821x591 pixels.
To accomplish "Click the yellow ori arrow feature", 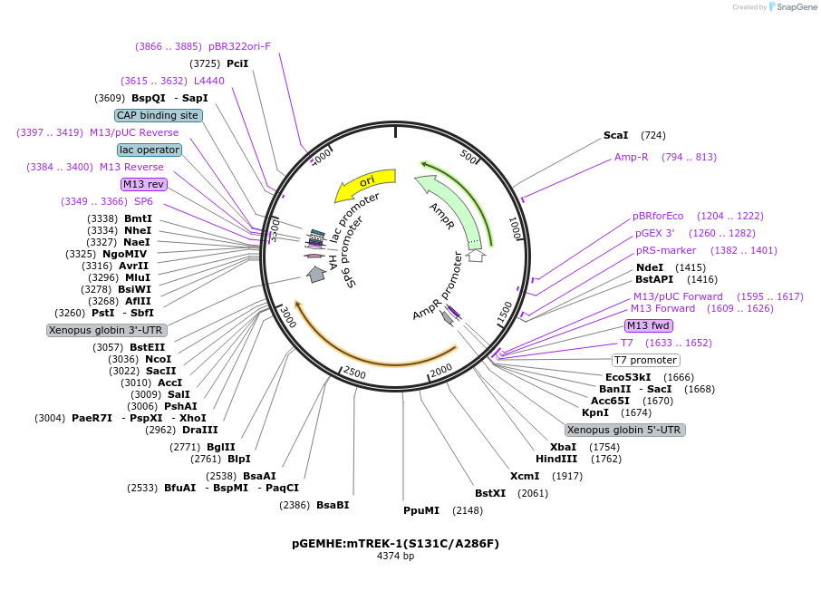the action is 364,184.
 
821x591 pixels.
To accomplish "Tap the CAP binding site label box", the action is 158,115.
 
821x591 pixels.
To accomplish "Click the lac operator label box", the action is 150,150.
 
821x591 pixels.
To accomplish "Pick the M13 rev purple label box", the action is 144,184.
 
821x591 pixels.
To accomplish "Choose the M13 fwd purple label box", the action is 649,325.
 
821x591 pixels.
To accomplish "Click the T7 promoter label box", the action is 646,360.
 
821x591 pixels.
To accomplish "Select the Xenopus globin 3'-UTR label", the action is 106,330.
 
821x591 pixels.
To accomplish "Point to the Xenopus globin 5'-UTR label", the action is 624,430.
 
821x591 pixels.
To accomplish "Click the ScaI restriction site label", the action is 616,135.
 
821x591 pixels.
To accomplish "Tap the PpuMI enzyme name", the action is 421,510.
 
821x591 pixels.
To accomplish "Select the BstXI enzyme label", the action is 490,493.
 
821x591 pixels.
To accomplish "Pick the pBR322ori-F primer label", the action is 239,46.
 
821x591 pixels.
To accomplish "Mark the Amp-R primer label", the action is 632,157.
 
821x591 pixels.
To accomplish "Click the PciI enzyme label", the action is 237,63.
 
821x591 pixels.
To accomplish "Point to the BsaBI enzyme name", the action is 333,505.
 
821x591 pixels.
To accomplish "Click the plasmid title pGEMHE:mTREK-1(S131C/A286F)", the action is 395,544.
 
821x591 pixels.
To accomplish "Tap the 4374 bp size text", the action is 395,557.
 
